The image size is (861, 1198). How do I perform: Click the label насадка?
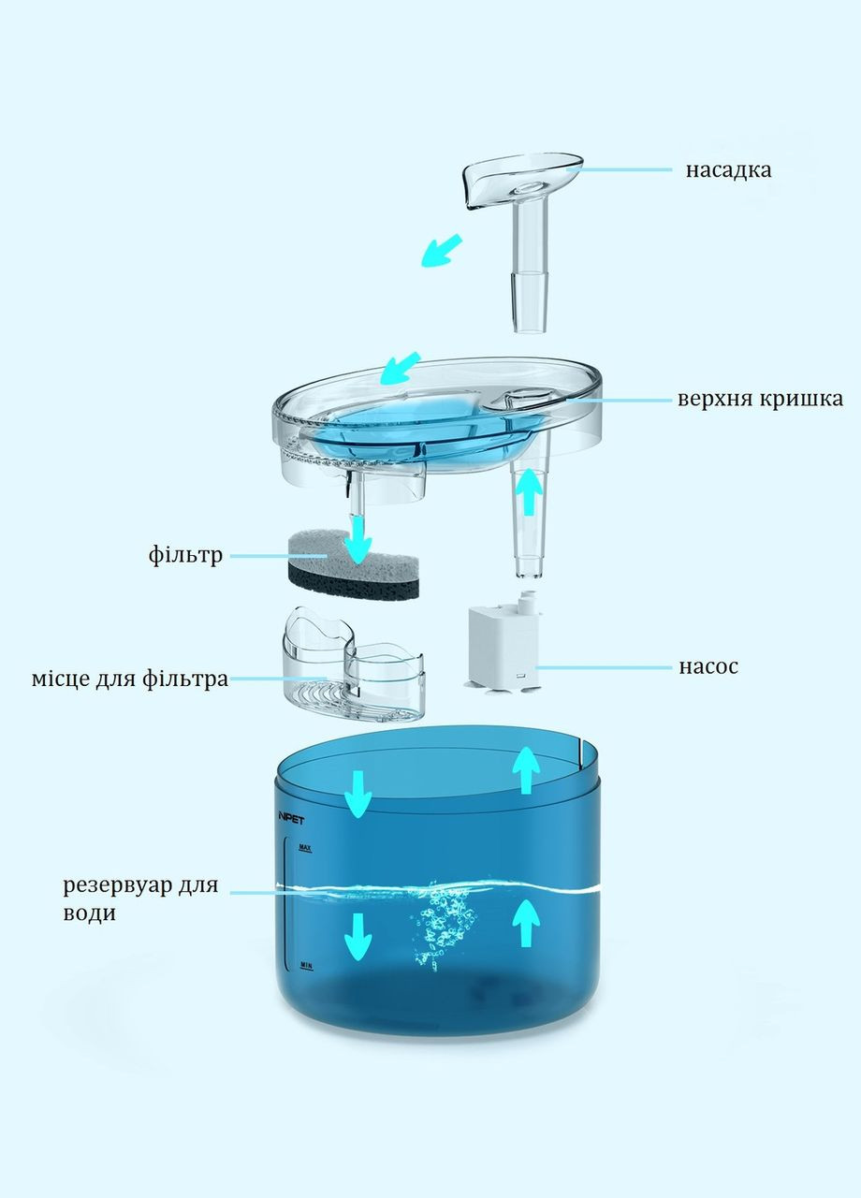point(729,170)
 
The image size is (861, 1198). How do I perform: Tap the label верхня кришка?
point(761,400)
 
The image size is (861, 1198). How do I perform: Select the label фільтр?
point(185,555)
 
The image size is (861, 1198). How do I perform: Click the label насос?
point(708,667)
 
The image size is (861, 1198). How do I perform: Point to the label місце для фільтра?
point(130,679)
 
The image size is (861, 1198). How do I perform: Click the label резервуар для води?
point(140,898)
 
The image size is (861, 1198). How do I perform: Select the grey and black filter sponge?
point(353,564)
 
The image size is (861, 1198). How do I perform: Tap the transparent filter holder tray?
point(354,665)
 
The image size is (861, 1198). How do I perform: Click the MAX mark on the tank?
point(305,848)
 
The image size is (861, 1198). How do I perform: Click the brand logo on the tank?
point(291,819)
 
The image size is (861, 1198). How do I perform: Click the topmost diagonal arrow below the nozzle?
point(442,250)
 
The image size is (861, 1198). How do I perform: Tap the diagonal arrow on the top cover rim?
point(401,368)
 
